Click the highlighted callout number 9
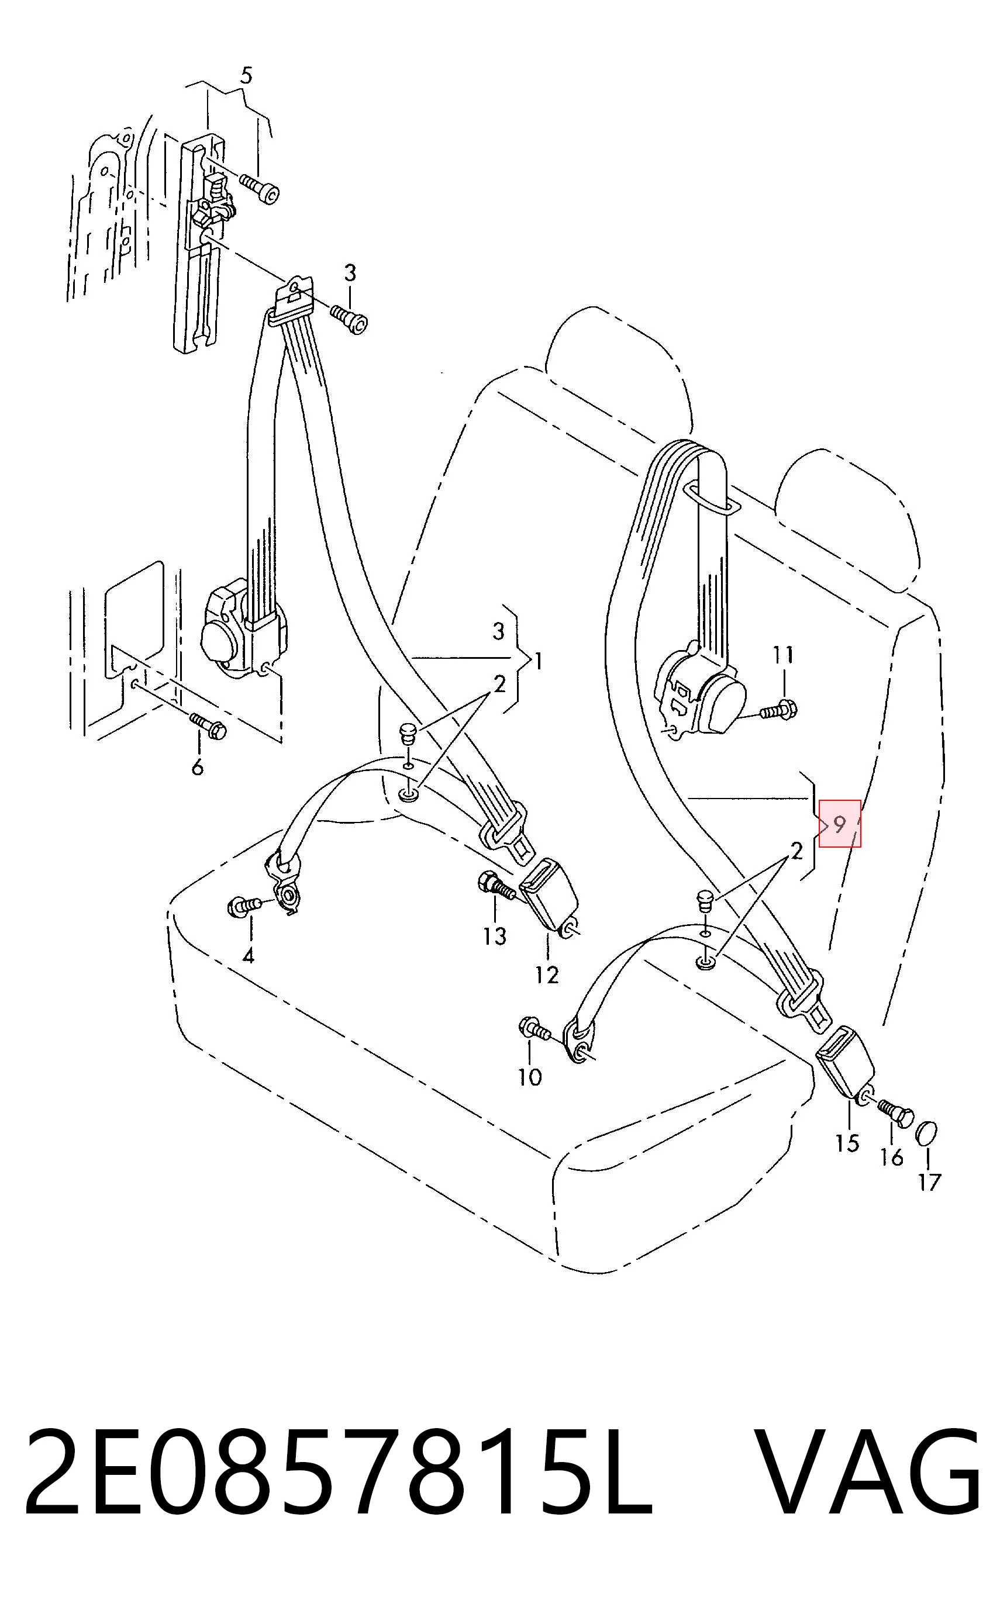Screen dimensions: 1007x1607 pos(839,824)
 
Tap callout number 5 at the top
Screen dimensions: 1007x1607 pos(246,76)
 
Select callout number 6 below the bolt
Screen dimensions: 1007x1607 pos(197,768)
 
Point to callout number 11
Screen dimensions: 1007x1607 pos(783,655)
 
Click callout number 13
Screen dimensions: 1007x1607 pos(495,936)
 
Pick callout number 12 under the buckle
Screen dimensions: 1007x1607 pos(547,975)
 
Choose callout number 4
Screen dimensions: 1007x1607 pos(249,956)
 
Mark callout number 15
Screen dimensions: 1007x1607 pos(847,1143)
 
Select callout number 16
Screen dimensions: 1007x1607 pos(892,1157)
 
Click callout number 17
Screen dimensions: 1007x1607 pos(929,1182)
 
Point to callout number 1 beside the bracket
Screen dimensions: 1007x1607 pos(538,662)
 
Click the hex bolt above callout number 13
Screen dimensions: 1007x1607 pos(495,886)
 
